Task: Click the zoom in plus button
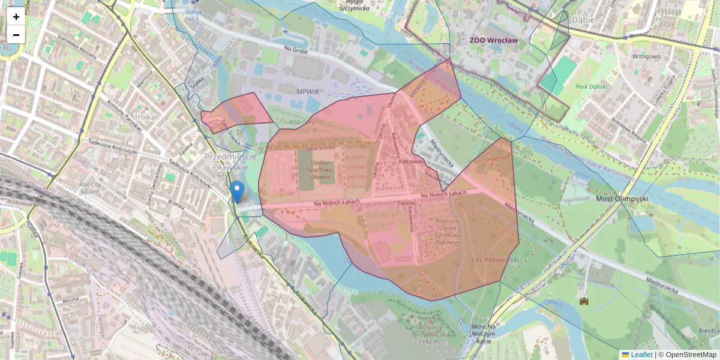pos(16,16)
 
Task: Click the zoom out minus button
pos(16,34)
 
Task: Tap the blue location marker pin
pos(238,191)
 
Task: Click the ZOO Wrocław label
pos(493,40)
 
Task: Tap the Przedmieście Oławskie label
pos(230,161)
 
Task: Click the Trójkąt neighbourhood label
pos(146,117)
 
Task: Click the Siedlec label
pos(406,203)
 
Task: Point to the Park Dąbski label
pos(590,86)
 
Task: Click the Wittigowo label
pos(647,56)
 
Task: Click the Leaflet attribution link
pos(641,355)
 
